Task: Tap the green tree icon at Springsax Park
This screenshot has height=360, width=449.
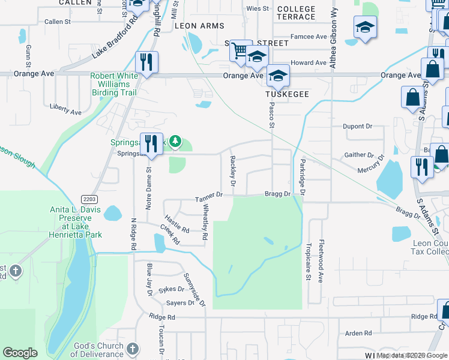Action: (x=175, y=141)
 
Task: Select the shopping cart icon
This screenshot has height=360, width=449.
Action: (x=240, y=51)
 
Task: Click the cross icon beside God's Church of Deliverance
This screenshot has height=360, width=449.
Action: (x=133, y=349)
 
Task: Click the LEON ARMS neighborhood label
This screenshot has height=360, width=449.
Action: (x=199, y=26)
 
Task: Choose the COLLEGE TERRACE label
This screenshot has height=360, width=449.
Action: (x=297, y=13)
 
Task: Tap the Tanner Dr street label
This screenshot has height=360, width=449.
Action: (x=209, y=195)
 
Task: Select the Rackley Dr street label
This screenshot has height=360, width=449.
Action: (x=232, y=170)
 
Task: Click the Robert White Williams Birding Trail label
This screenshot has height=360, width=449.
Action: (x=113, y=85)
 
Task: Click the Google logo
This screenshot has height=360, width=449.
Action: (x=20, y=353)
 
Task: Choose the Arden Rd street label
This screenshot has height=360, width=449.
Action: (x=358, y=333)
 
